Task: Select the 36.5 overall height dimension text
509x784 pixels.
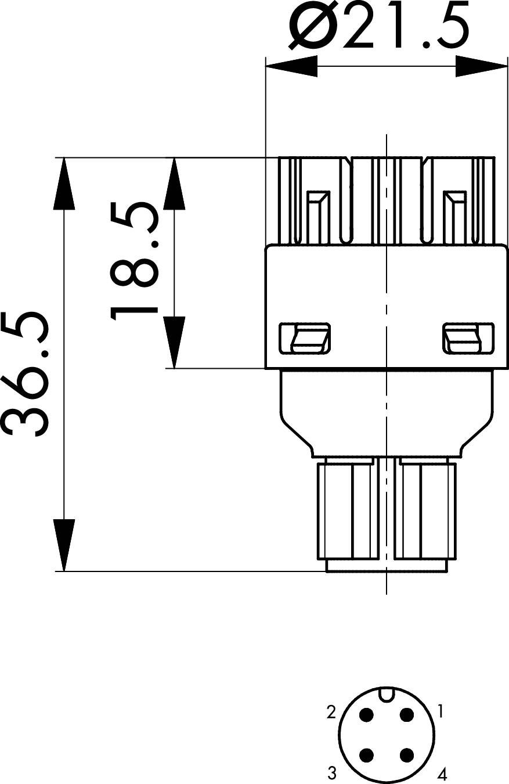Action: [25, 374]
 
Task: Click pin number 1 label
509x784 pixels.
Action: [441, 711]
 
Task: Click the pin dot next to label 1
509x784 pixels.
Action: [406, 714]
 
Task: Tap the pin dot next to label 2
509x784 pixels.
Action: [367, 714]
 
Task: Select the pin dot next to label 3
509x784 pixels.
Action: [367, 754]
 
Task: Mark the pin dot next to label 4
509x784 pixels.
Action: [406, 754]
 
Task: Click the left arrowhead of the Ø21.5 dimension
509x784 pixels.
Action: [291, 66]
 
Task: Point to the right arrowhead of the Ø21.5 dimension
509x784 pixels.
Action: [481, 66]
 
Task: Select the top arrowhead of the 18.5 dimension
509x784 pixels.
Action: [174, 184]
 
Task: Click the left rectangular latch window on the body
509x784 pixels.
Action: [305, 337]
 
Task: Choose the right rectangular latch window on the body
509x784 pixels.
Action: [469, 337]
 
